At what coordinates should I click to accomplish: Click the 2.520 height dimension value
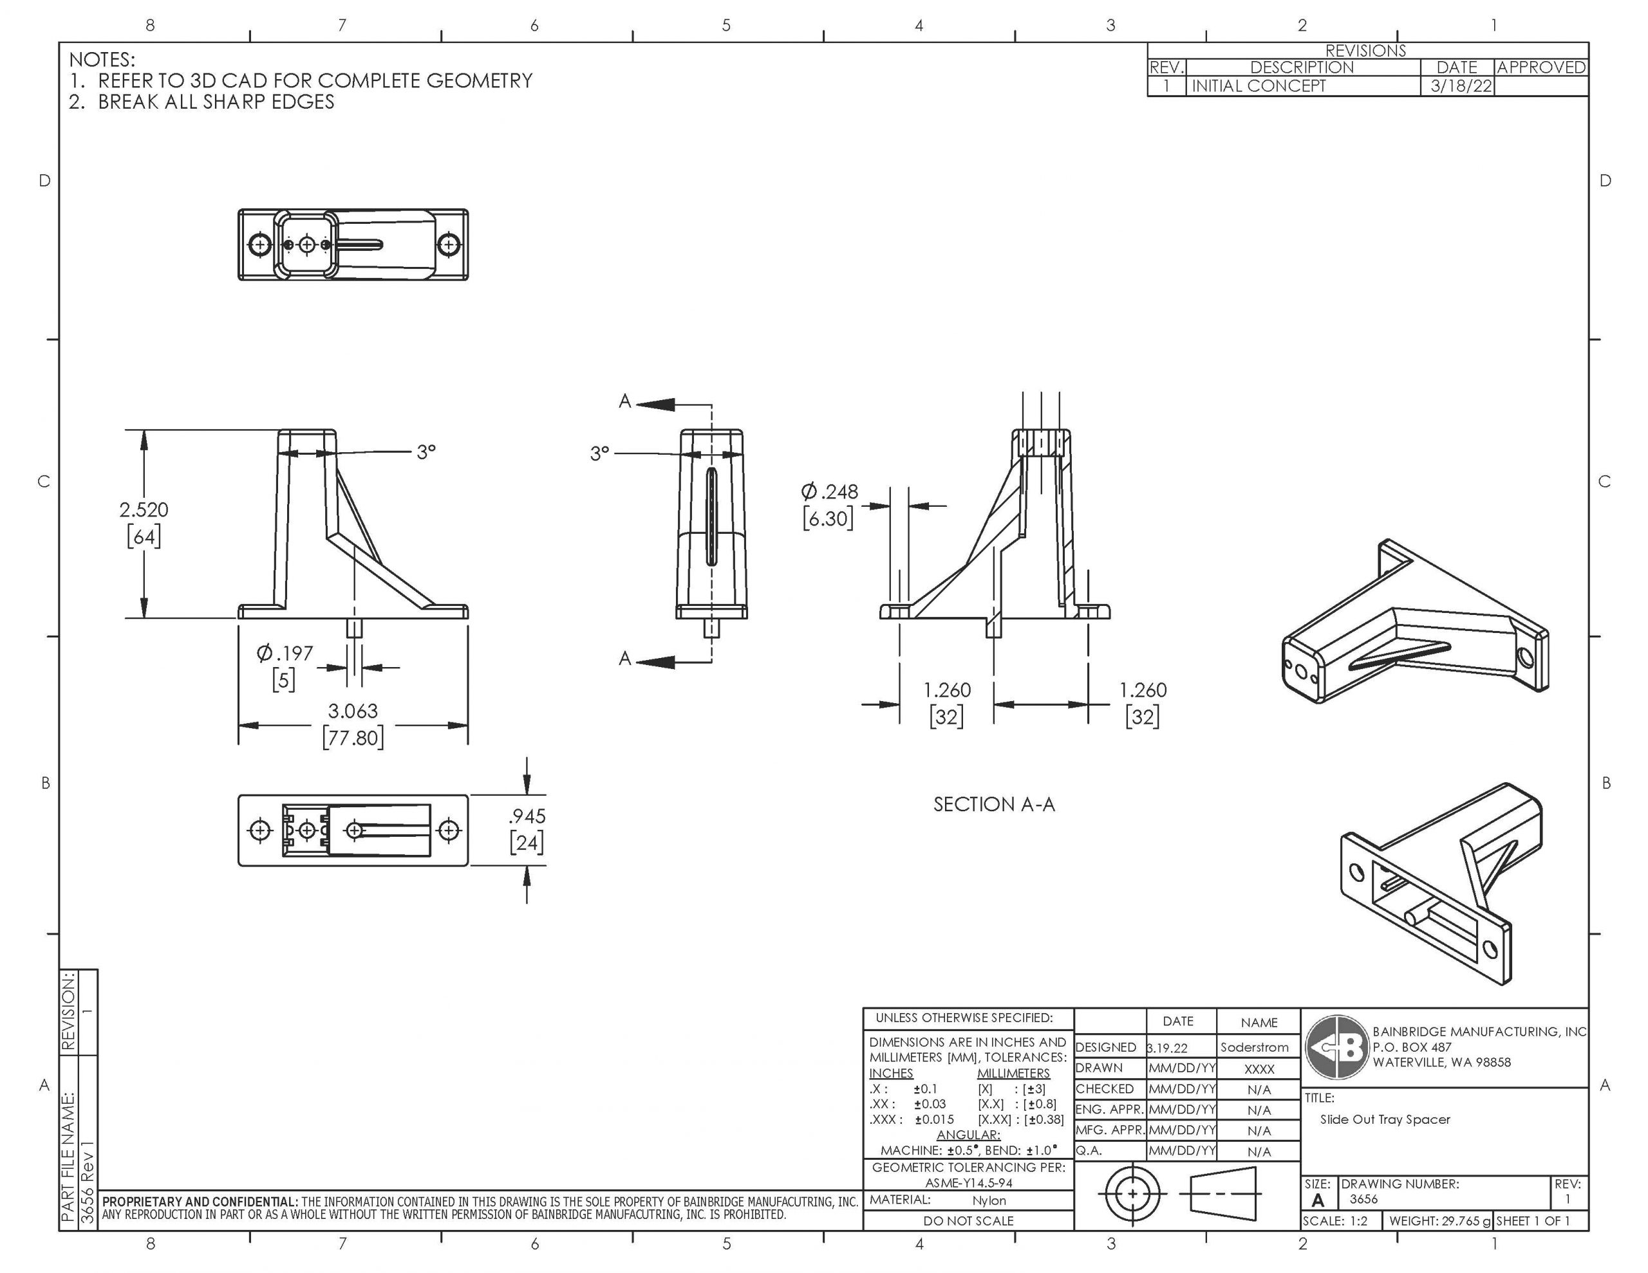[x=144, y=511]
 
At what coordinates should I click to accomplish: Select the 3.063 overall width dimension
[x=352, y=711]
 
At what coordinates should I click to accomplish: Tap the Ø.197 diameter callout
[x=285, y=654]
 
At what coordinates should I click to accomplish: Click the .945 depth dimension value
[x=527, y=816]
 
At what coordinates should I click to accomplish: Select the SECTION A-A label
[x=994, y=805]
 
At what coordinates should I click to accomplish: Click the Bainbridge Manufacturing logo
[x=1337, y=1047]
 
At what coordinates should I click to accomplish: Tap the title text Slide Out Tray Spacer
[x=1385, y=1120]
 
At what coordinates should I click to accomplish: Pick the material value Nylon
[x=989, y=1200]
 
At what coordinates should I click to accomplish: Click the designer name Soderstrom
[x=1254, y=1047]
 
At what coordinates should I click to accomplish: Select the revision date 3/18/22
[x=1461, y=86]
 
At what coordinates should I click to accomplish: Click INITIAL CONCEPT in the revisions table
[x=1258, y=86]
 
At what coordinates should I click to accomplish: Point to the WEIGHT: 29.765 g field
[x=1439, y=1221]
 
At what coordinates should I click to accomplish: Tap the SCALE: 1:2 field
[x=1335, y=1221]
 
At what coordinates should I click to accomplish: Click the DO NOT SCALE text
[x=968, y=1221]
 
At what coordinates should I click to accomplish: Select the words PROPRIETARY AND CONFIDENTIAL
[x=200, y=1202]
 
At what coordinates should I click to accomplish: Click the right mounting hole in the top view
[x=449, y=244]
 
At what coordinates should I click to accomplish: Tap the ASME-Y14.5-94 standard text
[x=968, y=1183]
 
